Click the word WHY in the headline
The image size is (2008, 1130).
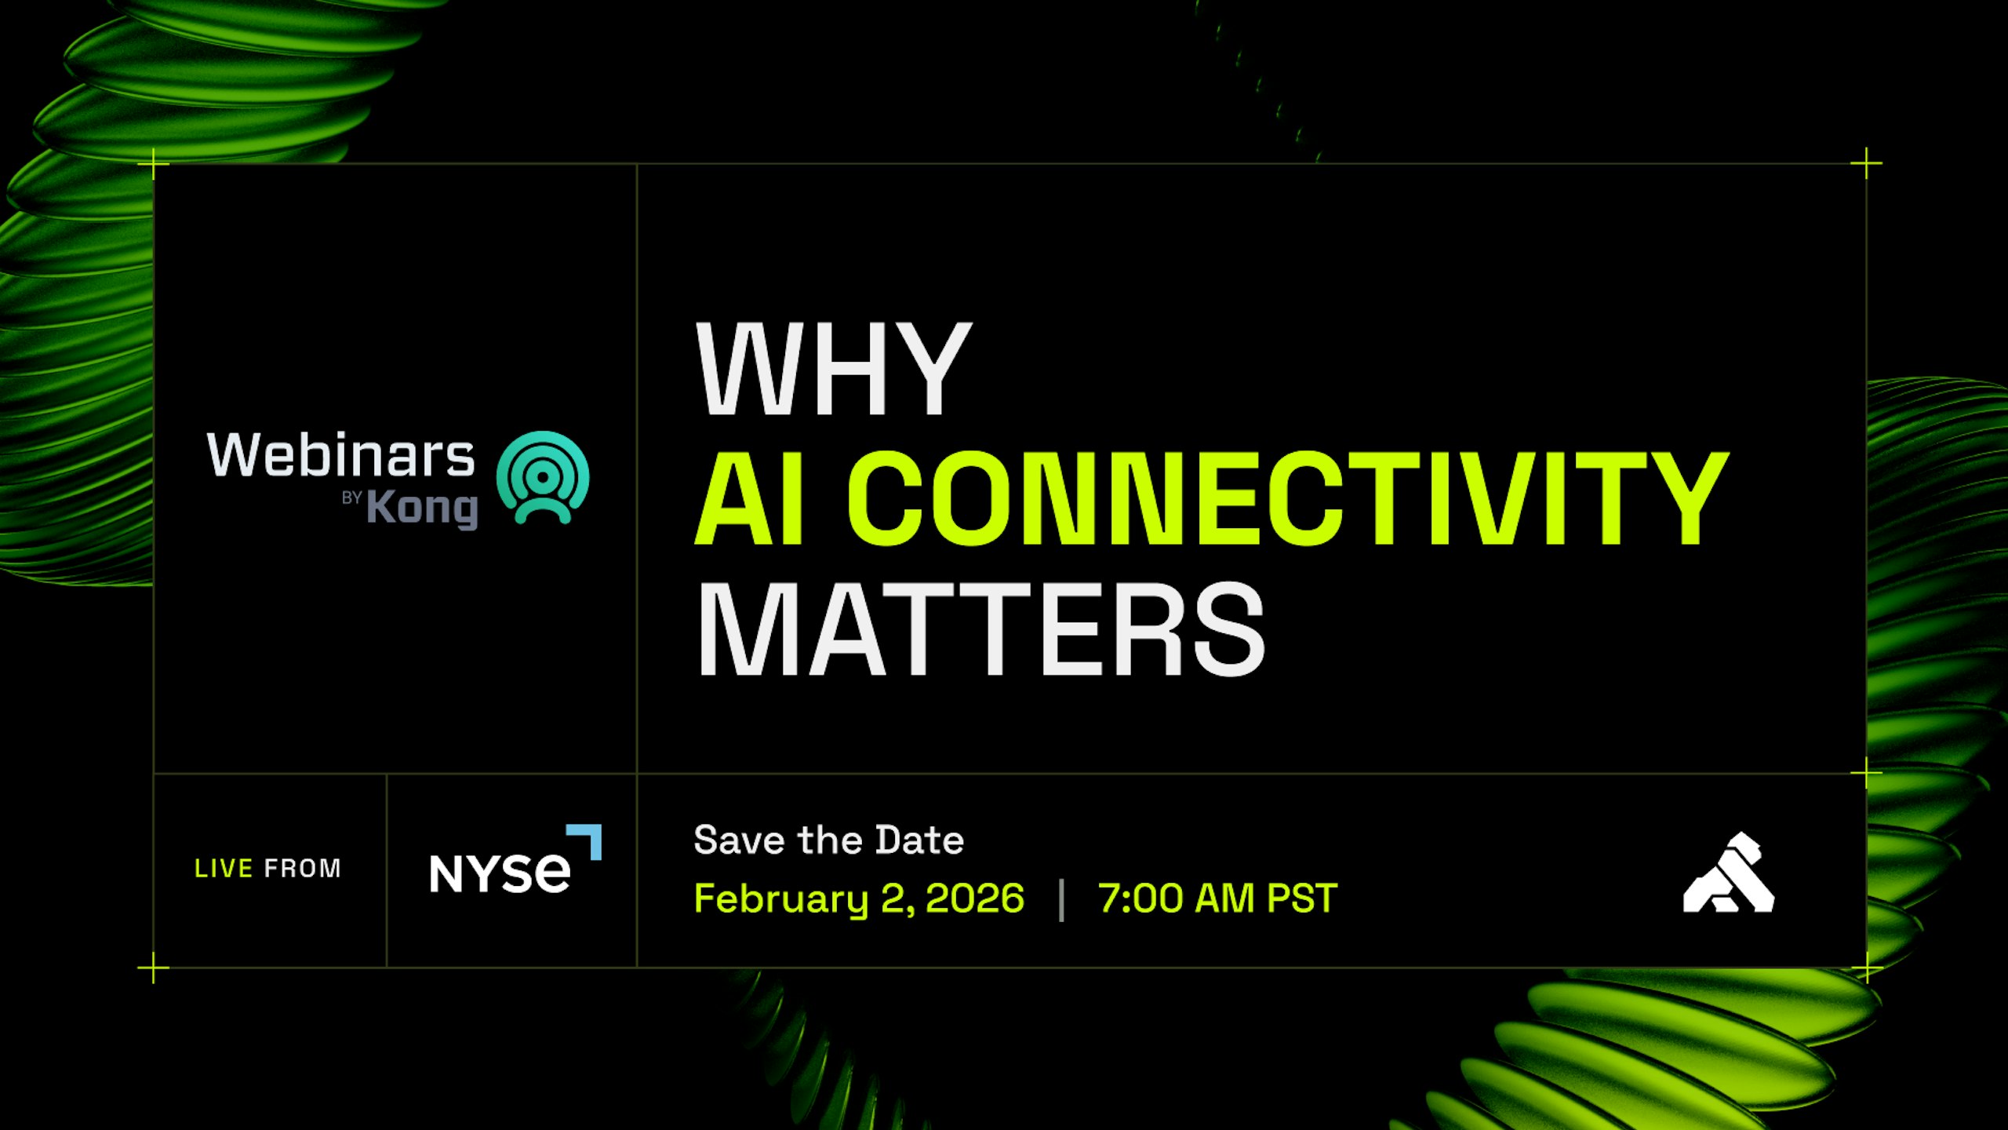(x=834, y=369)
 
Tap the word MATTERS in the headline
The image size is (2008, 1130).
(x=980, y=629)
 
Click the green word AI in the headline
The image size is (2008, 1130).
(x=750, y=498)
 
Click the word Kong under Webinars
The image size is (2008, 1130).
(x=422, y=508)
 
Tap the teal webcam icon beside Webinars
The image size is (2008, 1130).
(x=543, y=477)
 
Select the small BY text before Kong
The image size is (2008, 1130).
(x=351, y=498)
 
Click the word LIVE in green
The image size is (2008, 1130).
(x=224, y=869)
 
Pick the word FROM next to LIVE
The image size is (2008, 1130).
(x=303, y=869)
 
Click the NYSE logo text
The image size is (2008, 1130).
(x=500, y=873)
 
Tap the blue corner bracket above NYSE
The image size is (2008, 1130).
(x=587, y=838)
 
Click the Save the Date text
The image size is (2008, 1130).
(x=828, y=840)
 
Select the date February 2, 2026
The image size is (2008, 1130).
(x=859, y=899)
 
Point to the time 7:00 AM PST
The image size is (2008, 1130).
(x=1217, y=899)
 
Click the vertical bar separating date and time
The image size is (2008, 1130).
(x=1061, y=900)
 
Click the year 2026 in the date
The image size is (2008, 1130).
(x=975, y=899)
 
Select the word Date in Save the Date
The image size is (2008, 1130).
(x=919, y=840)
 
